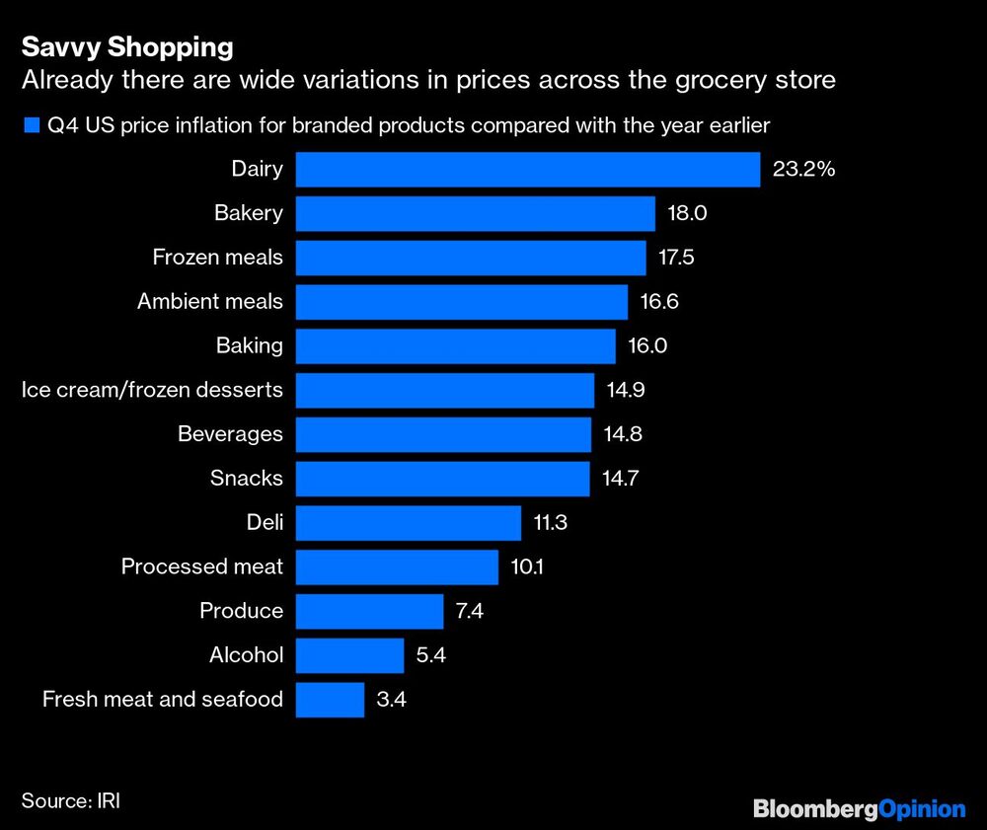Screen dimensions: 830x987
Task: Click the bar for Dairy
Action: click(528, 170)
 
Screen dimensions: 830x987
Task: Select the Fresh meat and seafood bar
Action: click(330, 700)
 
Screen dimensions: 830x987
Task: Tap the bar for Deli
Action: click(409, 523)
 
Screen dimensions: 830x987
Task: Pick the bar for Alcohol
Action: click(350, 655)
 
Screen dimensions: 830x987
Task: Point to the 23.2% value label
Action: click(804, 170)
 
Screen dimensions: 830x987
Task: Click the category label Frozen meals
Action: click(217, 258)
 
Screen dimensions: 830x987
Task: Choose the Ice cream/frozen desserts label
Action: click(152, 390)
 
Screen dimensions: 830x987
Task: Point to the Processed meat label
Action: click(201, 566)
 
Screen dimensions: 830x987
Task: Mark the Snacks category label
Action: click(246, 479)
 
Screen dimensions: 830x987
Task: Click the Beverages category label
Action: click(230, 434)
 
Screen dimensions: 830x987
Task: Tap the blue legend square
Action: click(29, 125)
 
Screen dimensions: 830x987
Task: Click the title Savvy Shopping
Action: click(127, 46)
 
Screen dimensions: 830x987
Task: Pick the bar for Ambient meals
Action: click(462, 302)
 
